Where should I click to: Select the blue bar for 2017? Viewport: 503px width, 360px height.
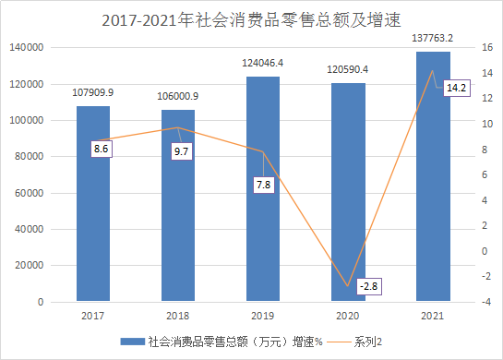pyautogui.click(x=92, y=203)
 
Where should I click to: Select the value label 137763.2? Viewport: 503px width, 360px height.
pyautogui.click(x=433, y=39)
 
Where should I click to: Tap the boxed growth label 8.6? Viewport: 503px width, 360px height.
pyautogui.click(x=102, y=148)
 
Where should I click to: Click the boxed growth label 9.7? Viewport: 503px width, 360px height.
pyautogui.click(x=182, y=150)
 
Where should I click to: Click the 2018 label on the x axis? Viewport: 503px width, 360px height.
pyautogui.click(x=177, y=317)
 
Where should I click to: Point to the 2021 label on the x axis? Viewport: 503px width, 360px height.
pyautogui.click(x=433, y=317)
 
